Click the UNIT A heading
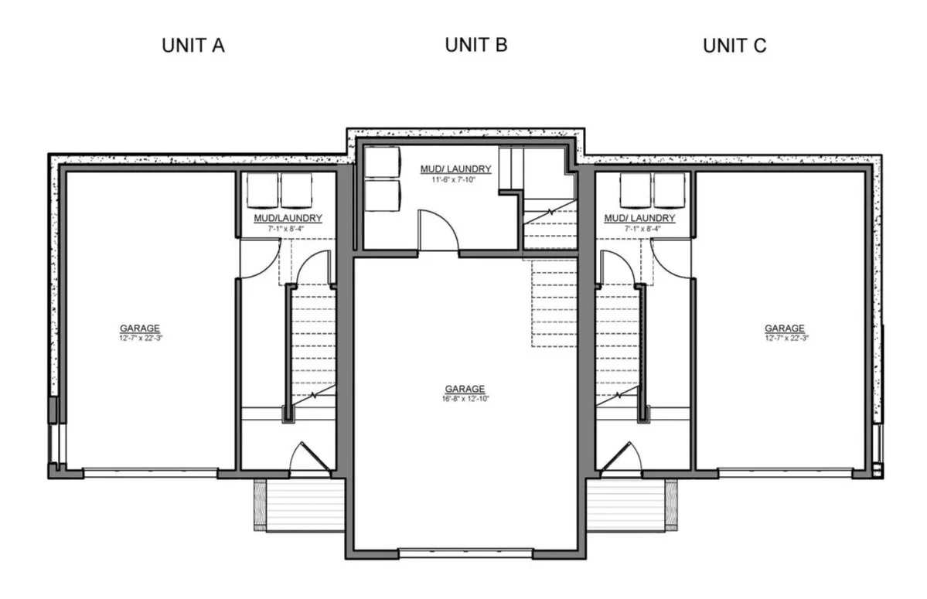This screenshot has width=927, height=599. [x=193, y=46]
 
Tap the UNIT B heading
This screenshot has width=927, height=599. [x=476, y=45]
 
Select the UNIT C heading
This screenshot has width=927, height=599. [x=734, y=46]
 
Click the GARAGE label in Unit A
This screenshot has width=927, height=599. [x=140, y=328]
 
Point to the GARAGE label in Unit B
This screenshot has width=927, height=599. [x=465, y=389]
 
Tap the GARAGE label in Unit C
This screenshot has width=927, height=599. [x=785, y=328]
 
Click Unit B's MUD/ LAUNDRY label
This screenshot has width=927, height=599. [x=456, y=169]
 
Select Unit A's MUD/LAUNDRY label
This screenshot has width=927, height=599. [x=288, y=218]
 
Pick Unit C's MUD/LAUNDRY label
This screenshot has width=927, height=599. [x=639, y=218]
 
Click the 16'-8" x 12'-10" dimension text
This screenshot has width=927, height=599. [x=465, y=399]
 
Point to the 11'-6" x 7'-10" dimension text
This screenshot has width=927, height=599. [x=454, y=179]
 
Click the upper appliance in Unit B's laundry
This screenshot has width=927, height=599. [x=382, y=162]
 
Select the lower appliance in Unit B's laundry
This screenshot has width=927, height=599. [x=382, y=196]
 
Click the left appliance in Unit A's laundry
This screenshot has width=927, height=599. [x=263, y=190]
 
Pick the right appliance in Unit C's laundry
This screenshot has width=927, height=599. [x=670, y=190]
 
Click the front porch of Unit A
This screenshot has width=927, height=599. [x=300, y=505]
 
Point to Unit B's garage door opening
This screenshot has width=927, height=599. [x=465, y=554]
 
